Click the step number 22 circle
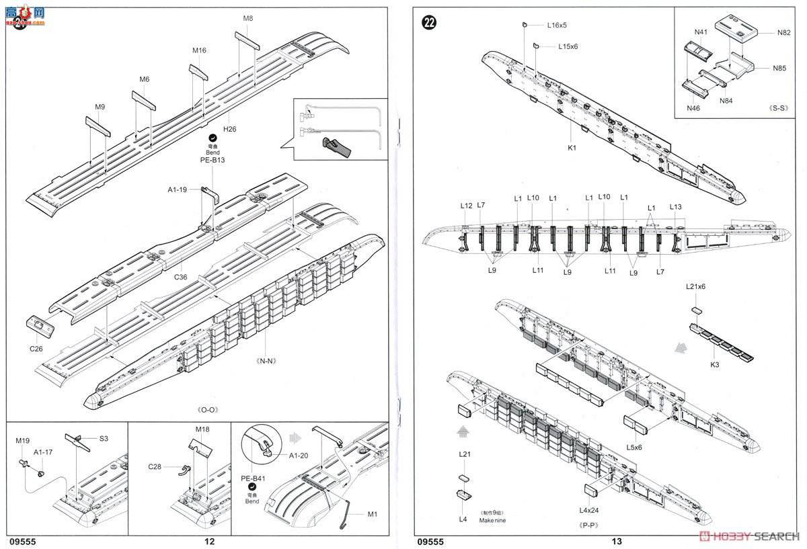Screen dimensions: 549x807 428,23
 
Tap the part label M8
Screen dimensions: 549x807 247,19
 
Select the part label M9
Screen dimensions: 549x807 100,107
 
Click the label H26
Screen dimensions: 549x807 231,129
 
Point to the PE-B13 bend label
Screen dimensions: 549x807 213,160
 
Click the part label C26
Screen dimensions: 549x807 36,348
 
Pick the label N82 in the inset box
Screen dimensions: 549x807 784,32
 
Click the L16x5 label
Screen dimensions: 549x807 556,25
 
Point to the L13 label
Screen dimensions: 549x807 676,206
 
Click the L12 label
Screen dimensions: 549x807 467,206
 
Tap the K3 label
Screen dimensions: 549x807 714,364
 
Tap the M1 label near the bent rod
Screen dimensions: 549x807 372,515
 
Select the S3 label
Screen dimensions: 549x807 104,438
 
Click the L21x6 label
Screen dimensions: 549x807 695,287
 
